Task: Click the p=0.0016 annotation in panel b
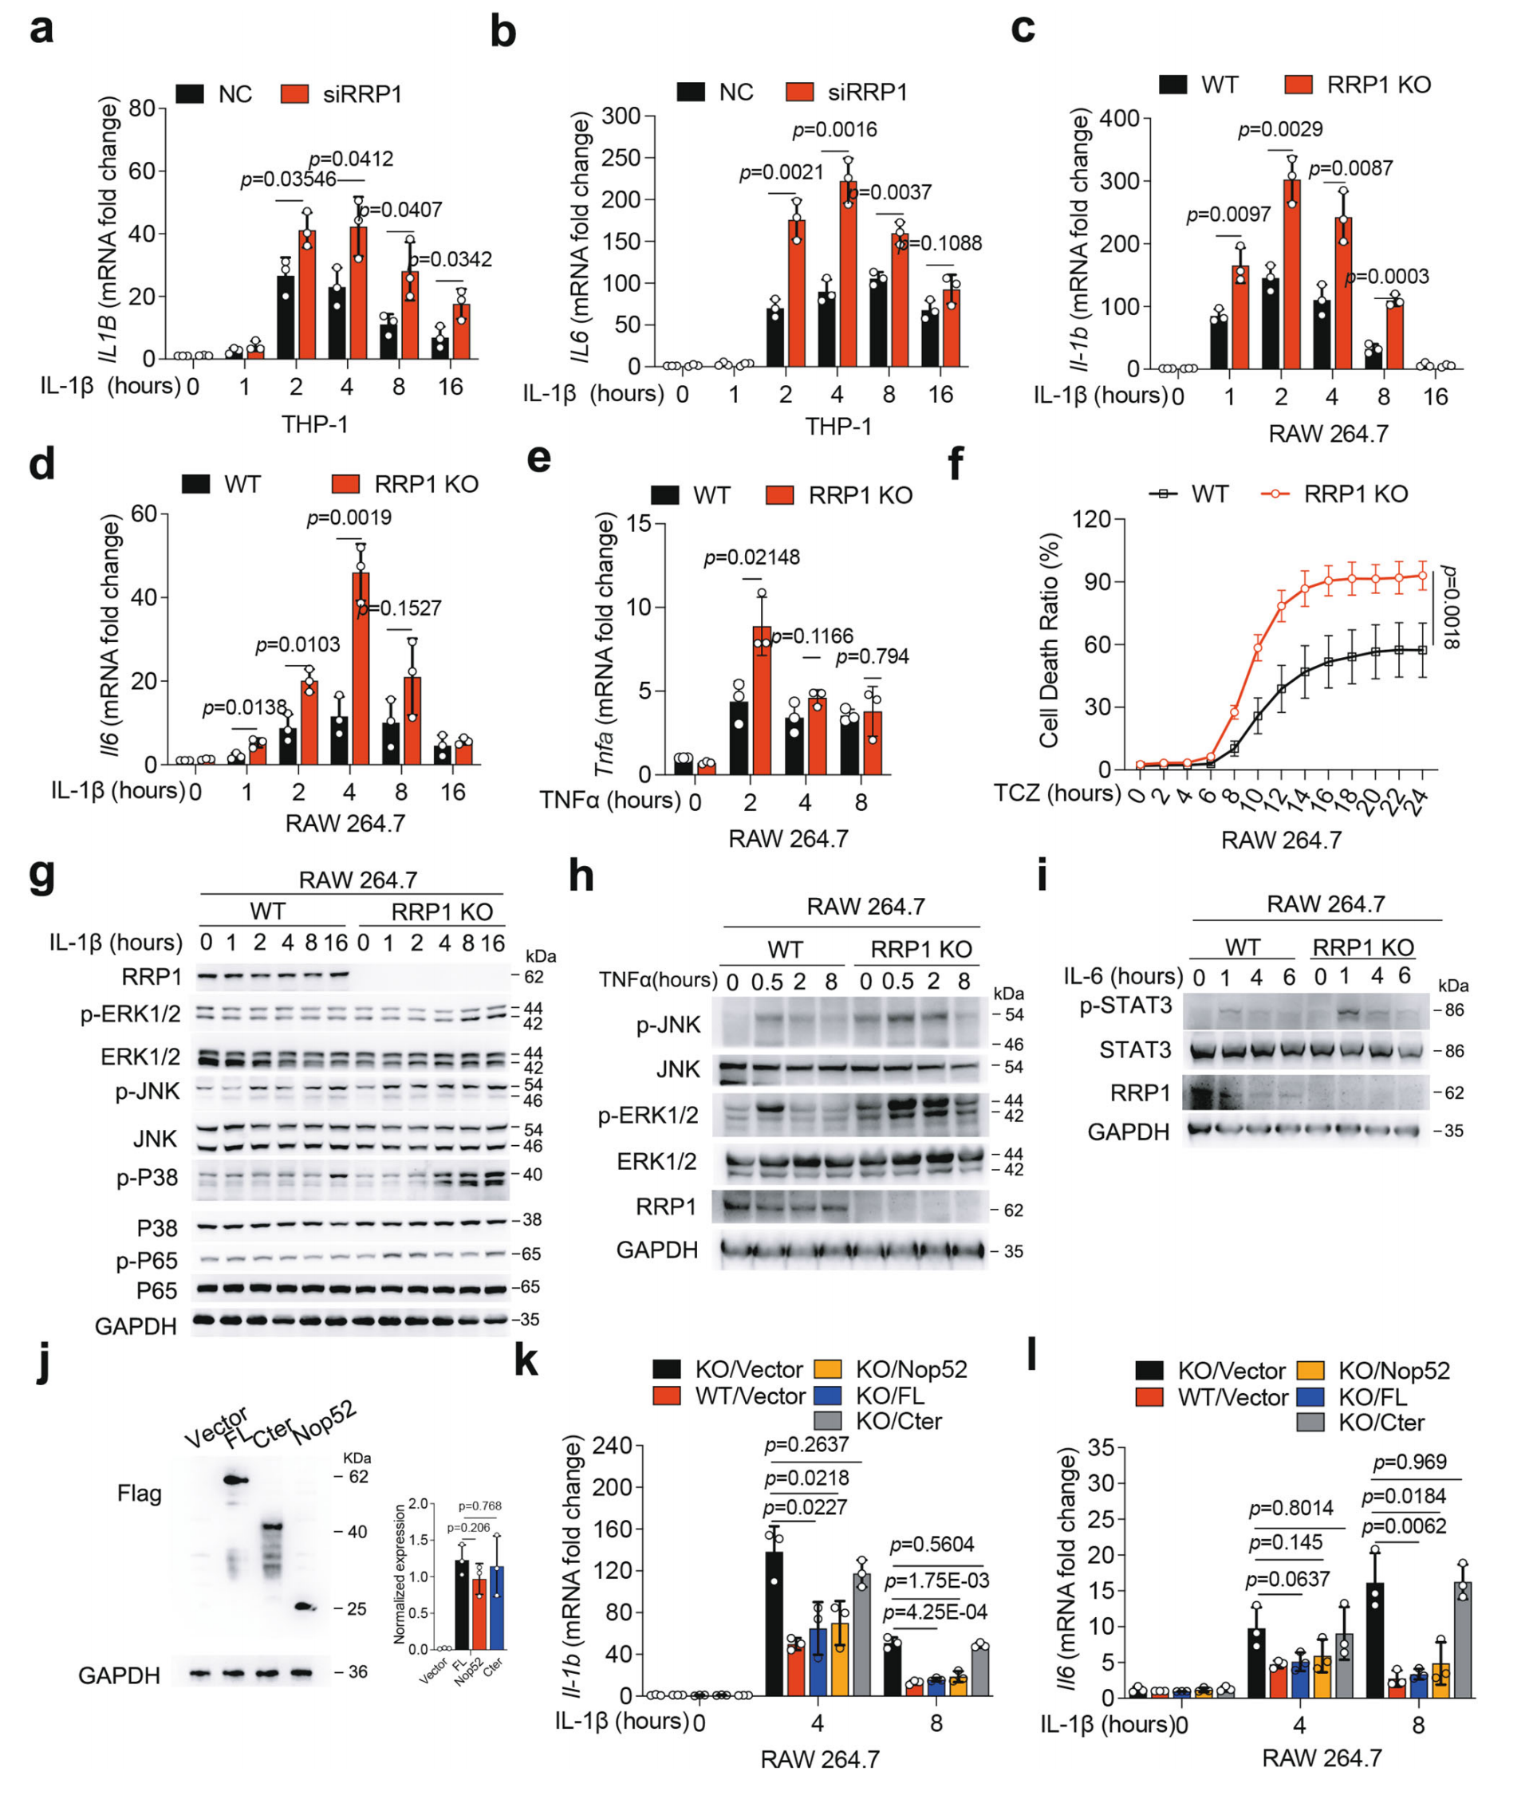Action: [x=834, y=130]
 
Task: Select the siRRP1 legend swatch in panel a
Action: [x=295, y=93]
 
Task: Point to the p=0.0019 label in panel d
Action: [x=349, y=518]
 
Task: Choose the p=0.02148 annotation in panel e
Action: [x=751, y=558]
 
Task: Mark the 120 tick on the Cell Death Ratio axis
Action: [x=1092, y=520]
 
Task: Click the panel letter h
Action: [x=581, y=876]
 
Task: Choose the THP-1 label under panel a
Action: [x=314, y=424]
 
